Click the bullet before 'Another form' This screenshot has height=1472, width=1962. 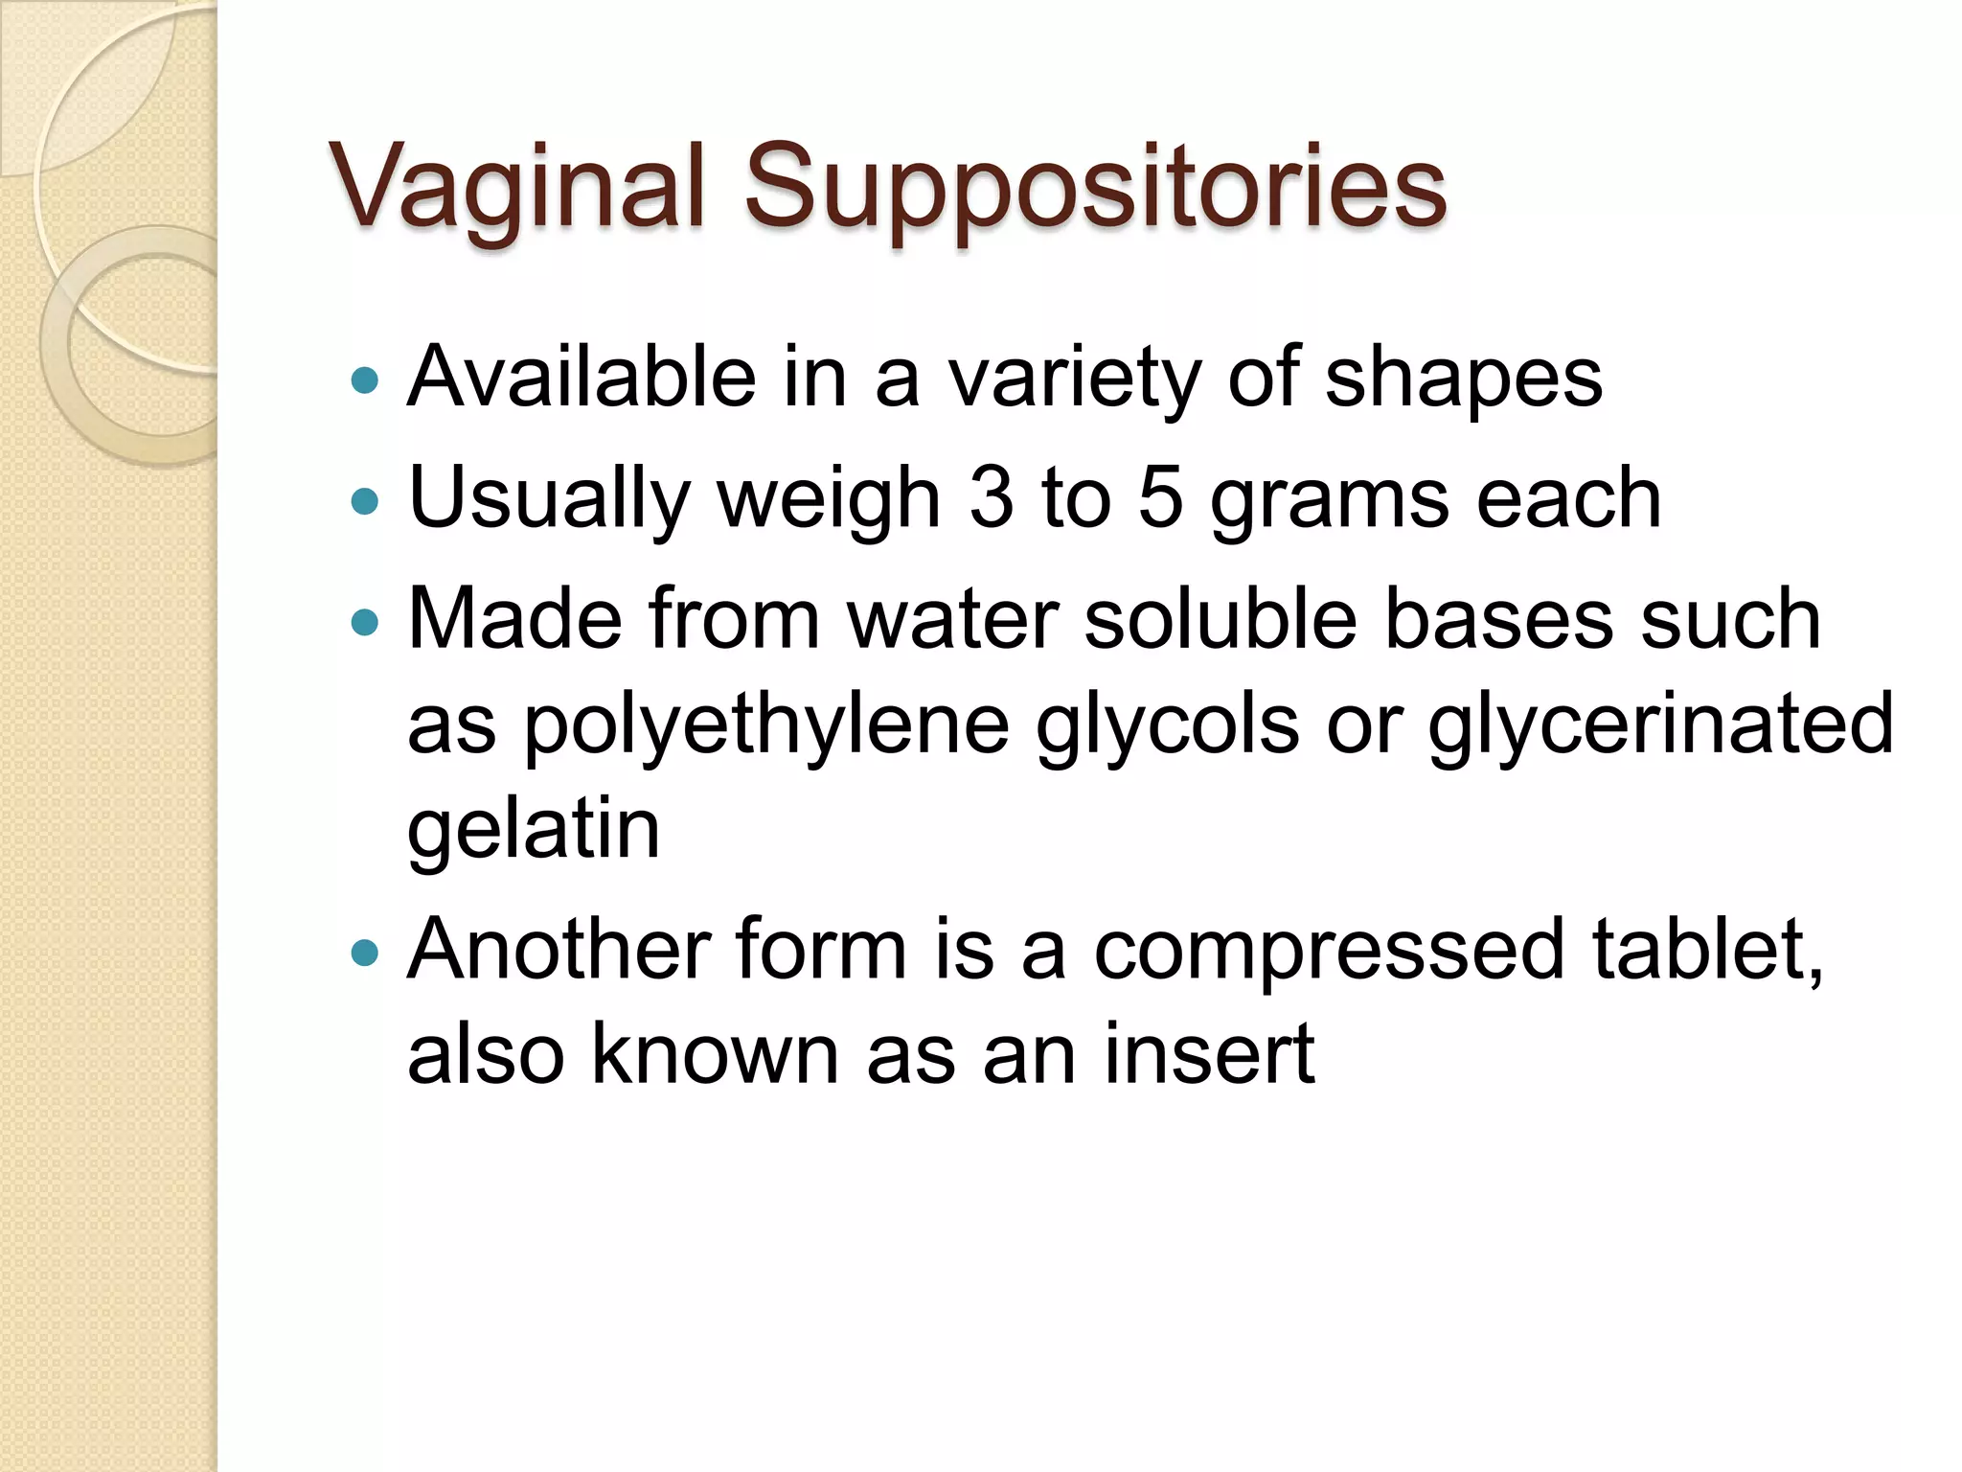coord(365,954)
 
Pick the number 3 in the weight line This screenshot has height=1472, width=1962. coord(991,498)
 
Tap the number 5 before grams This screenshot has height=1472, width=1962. coord(1160,498)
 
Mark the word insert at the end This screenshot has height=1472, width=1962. coord(1209,1053)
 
